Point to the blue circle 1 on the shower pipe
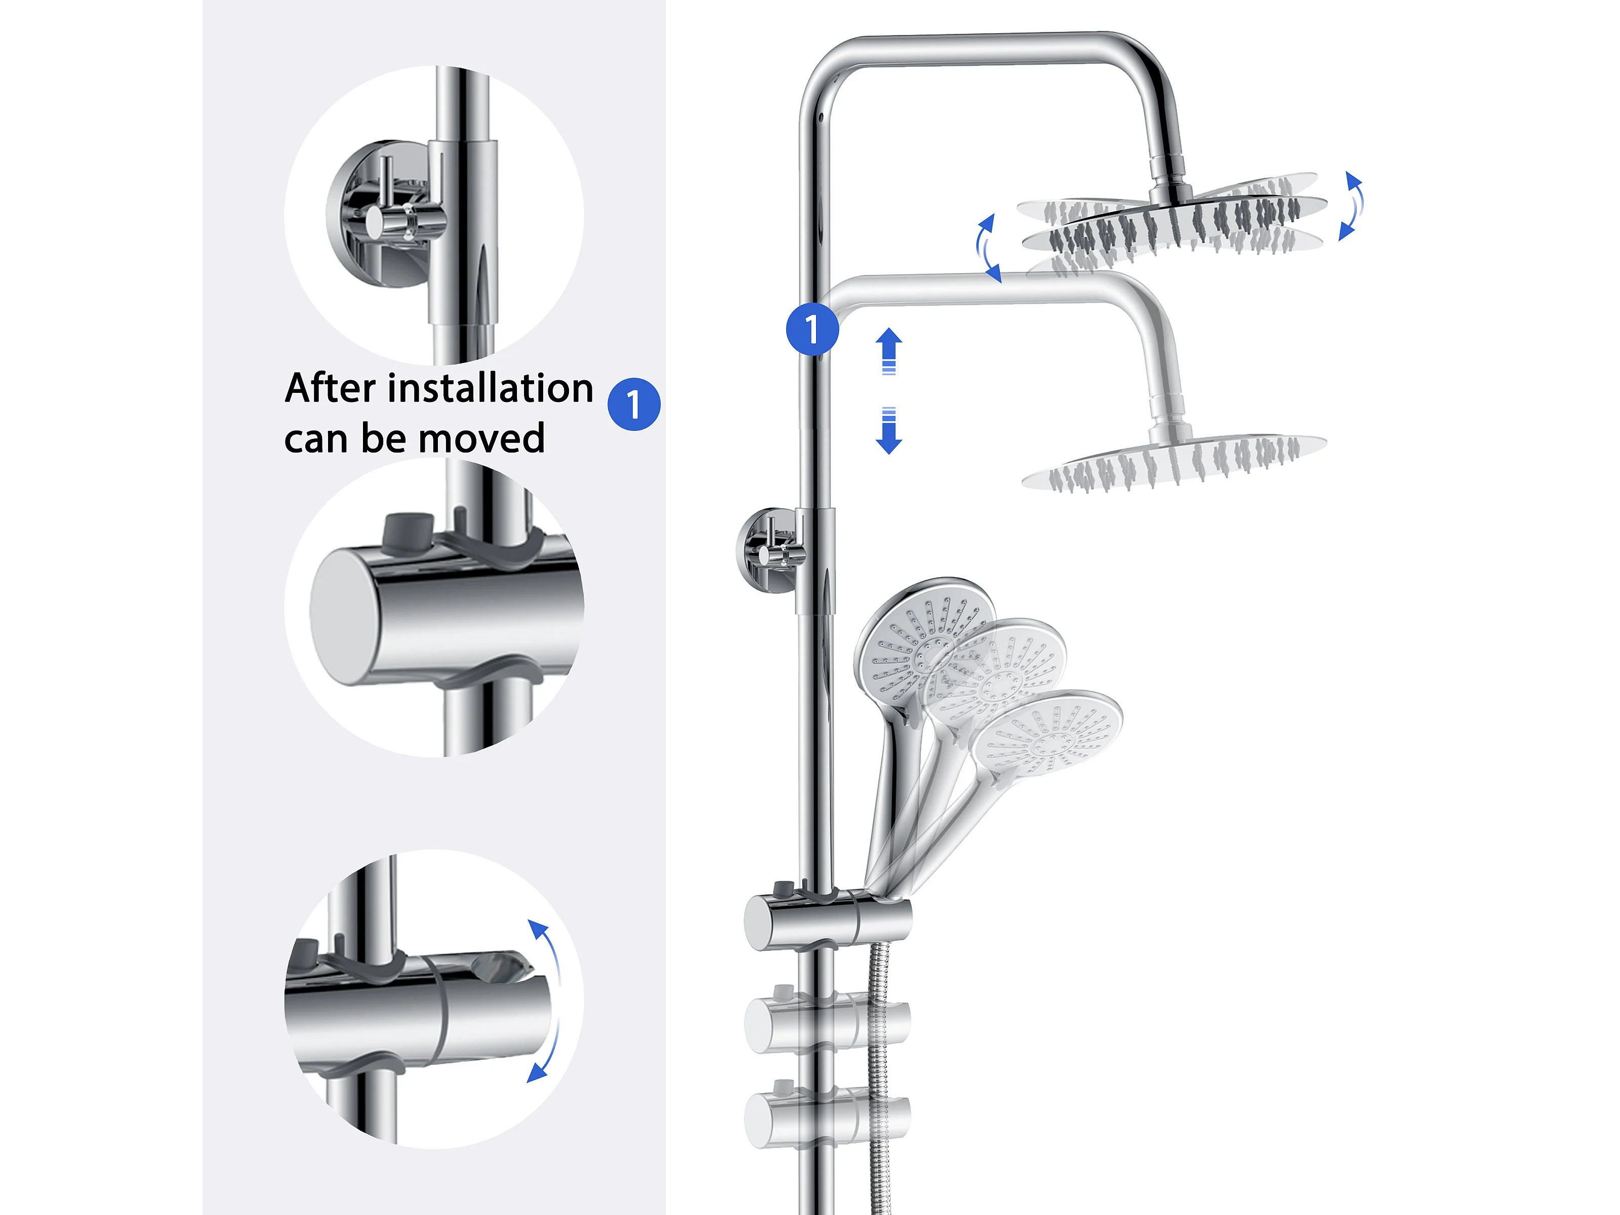click(x=812, y=329)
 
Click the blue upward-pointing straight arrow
click(x=889, y=351)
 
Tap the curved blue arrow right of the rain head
click(x=1352, y=206)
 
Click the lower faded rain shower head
click(x=1174, y=461)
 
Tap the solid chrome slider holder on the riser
click(x=828, y=921)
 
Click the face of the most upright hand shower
click(x=924, y=644)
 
